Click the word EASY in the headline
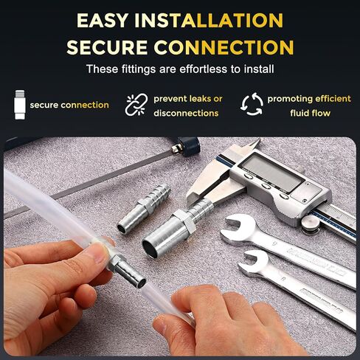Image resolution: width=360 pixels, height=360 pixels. pyautogui.click(x=111, y=21)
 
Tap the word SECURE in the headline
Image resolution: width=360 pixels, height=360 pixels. pyautogui.click(x=107, y=47)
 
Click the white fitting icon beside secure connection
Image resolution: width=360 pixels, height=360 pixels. pyautogui.click(x=19, y=104)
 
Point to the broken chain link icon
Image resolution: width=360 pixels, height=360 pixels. pyautogui.click(x=135, y=105)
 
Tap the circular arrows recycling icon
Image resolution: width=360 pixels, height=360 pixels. pyautogui.click(x=252, y=105)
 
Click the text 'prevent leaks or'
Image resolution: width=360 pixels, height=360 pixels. pyautogui.click(x=187, y=98)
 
